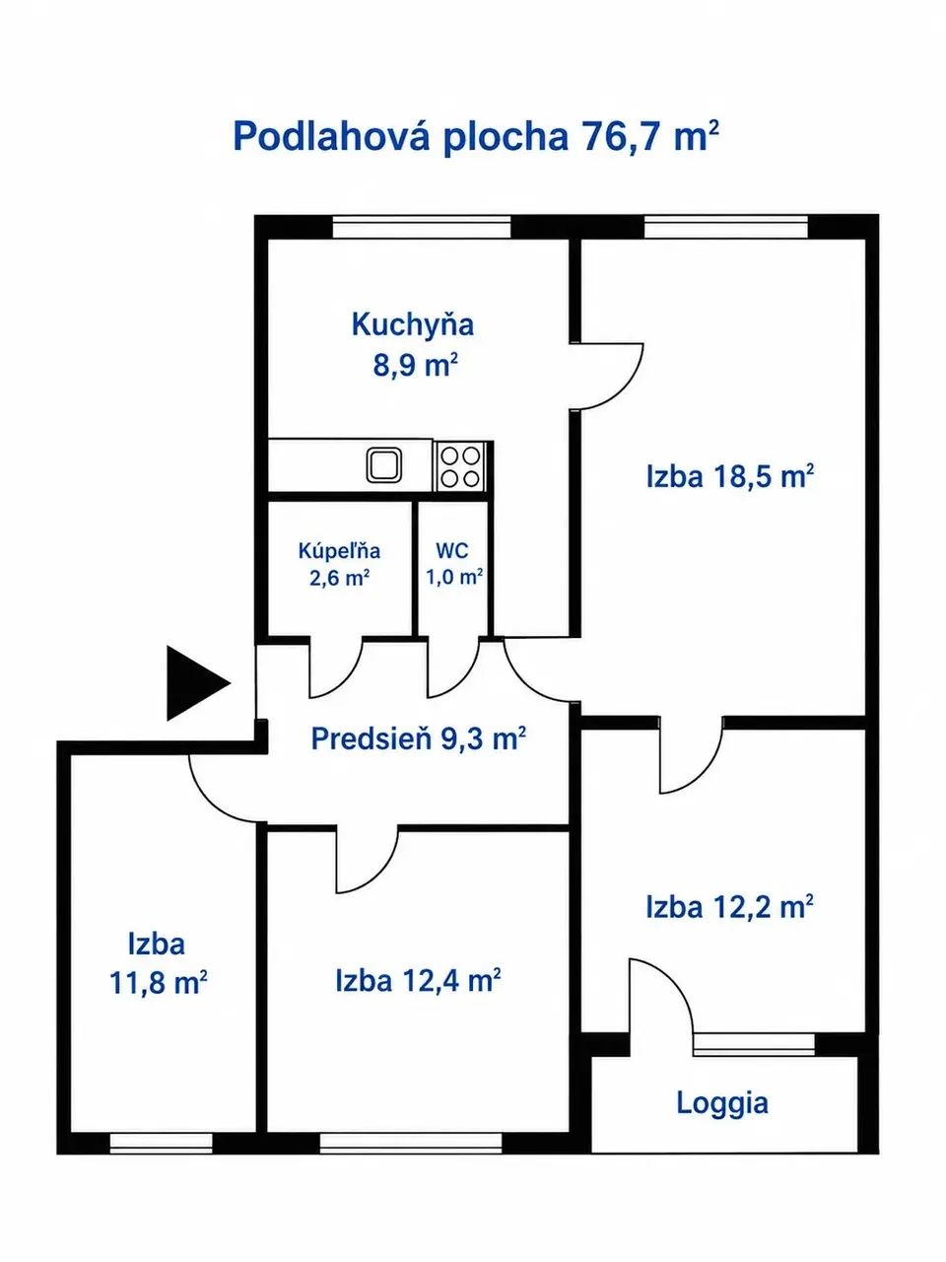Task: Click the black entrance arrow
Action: coord(195,683)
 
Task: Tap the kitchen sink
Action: coord(384,464)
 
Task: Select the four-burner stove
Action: coord(460,466)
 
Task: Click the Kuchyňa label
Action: coord(413,324)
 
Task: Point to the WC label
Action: coord(452,551)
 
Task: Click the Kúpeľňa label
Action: coord(339,551)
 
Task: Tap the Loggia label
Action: coord(722,1103)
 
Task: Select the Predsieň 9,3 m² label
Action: coord(418,738)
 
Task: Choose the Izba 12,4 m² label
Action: coord(418,980)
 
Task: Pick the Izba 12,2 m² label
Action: coord(729,907)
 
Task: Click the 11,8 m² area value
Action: coord(158,983)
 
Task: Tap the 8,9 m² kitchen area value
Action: coord(415,365)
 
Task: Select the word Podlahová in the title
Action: coord(331,136)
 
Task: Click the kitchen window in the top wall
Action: coord(422,227)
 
